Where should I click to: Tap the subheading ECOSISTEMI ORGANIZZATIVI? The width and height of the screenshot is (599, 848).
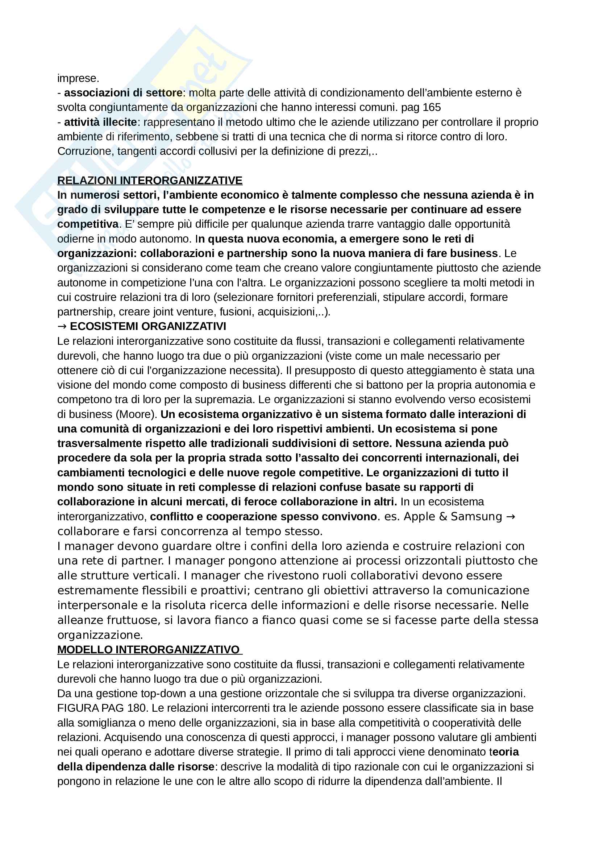click(x=148, y=326)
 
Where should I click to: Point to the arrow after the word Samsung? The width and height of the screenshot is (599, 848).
click(x=511, y=516)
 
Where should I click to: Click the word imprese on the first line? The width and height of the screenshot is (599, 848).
click(x=78, y=78)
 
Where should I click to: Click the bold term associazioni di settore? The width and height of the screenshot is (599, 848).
click(x=123, y=93)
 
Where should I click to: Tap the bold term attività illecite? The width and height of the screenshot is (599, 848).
click(x=100, y=122)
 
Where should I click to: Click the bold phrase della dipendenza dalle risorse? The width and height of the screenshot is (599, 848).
click(x=136, y=766)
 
